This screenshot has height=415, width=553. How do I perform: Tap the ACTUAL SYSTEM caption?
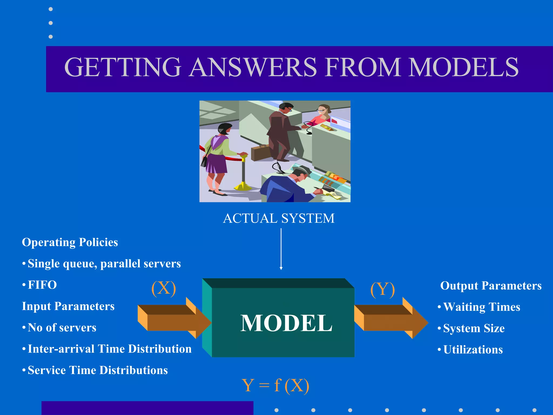point(279,218)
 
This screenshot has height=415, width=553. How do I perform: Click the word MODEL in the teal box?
point(286,323)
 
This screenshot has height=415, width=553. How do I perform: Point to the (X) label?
point(164,289)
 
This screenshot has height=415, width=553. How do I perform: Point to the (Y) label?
point(382,289)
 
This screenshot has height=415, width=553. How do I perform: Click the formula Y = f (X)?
point(275,385)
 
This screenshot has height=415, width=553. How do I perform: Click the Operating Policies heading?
point(70,242)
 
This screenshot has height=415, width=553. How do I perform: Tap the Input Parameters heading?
point(68,306)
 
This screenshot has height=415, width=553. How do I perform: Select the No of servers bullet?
point(62,328)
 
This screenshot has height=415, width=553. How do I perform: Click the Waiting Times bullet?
point(481,307)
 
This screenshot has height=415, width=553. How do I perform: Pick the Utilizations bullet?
point(473,350)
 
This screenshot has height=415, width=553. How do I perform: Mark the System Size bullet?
point(474,329)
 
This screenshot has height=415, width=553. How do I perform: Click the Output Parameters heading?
point(491,286)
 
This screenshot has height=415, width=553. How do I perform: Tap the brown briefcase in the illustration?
point(260,153)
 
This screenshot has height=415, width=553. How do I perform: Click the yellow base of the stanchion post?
point(242,186)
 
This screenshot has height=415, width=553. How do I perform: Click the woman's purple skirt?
point(216,164)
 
